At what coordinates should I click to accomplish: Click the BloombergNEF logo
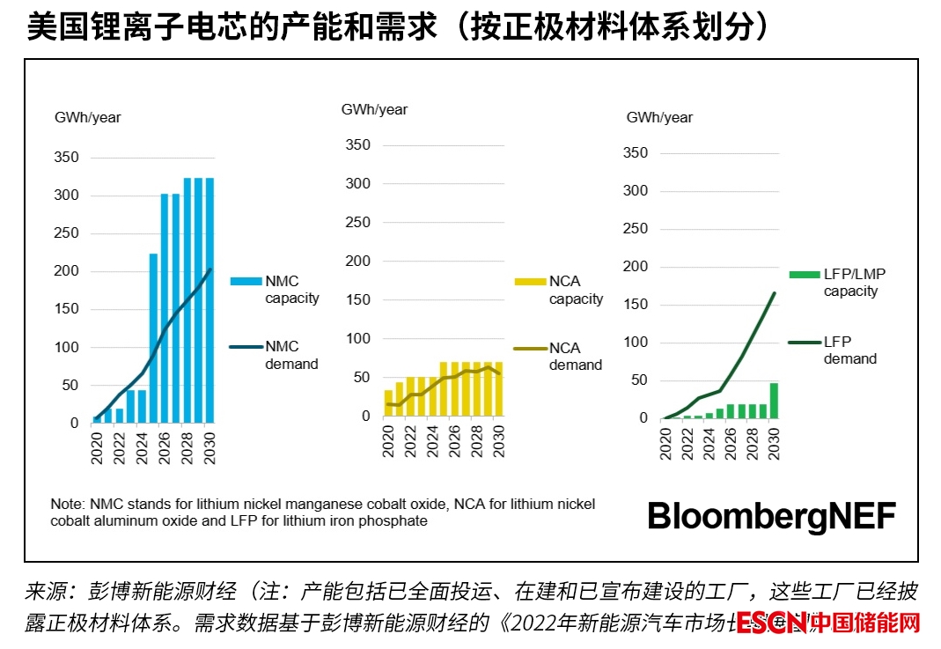pos(771,516)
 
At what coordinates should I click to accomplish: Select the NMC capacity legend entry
pos(275,290)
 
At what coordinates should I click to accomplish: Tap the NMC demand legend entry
pos(275,355)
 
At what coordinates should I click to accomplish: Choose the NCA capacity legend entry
pos(560,290)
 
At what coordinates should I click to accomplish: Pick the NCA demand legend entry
pos(560,356)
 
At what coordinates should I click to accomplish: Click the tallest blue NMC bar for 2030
pos(210,300)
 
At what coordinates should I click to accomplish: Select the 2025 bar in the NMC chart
pos(153,338)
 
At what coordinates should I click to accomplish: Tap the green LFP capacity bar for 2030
pos(774,401)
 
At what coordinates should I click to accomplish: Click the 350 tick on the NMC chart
pos(68,158)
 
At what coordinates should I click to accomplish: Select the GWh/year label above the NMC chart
pos(88,118)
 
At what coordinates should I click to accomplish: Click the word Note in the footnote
pos(66,505)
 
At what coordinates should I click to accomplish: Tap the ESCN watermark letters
pos(771,623)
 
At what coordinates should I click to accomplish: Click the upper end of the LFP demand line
pos(775,293)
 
